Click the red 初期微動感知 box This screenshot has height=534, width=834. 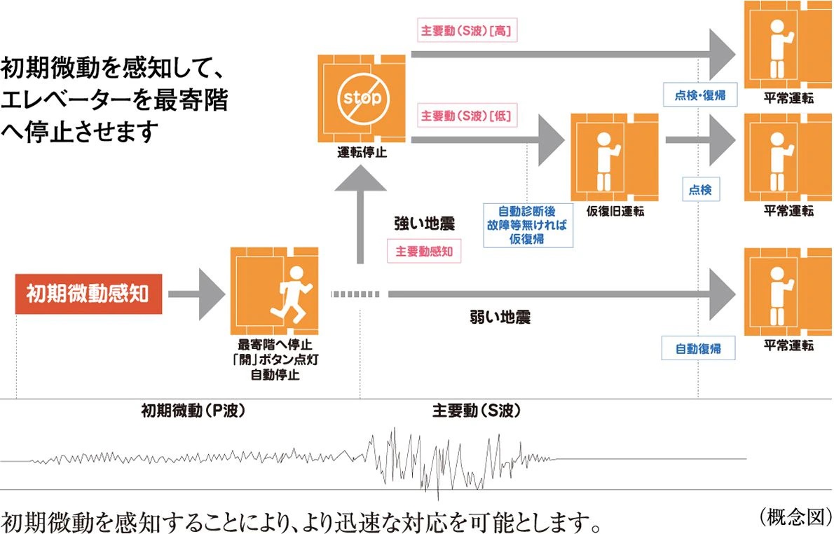pos(88,292)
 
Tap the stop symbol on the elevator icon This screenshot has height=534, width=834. pos(361,97)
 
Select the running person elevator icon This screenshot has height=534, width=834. pos(274,290)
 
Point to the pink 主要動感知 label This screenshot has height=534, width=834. pos(424,251)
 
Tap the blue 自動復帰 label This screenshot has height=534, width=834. pos(698,348)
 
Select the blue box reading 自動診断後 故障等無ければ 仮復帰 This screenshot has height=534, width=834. pos(528,224)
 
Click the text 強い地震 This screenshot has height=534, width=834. pos(424,224)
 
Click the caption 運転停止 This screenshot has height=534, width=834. pos(361,153)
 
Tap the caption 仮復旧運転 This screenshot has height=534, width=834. pos(615,211)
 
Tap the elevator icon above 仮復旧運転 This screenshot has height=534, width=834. pos(615,157)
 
